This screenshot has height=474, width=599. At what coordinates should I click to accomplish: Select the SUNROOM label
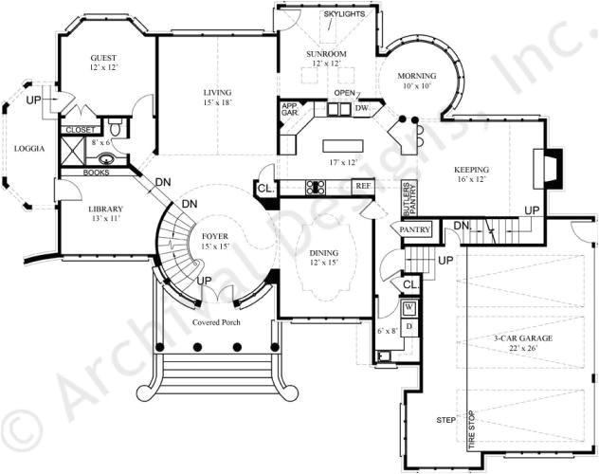coord(326,54)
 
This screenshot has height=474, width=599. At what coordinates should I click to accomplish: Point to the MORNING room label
coord(416,76)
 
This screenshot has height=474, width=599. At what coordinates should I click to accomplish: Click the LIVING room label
coord(217,92)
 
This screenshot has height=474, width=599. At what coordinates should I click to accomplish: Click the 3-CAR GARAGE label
coord(516,337)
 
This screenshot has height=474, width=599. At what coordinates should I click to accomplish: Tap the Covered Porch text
coord(217,322)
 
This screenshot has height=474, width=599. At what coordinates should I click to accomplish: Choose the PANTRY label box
coord(415,229)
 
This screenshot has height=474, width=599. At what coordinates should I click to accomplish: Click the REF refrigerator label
coord(362,186)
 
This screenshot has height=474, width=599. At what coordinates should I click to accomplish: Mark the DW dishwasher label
coord(361,109)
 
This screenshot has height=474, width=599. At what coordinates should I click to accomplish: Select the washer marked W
coord(408,308)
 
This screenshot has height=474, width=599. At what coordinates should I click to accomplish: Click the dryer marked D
coord(408,326)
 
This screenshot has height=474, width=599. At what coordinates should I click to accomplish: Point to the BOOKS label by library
coord(97,173)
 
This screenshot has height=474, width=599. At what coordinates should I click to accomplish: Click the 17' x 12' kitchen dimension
coord(343,162)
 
